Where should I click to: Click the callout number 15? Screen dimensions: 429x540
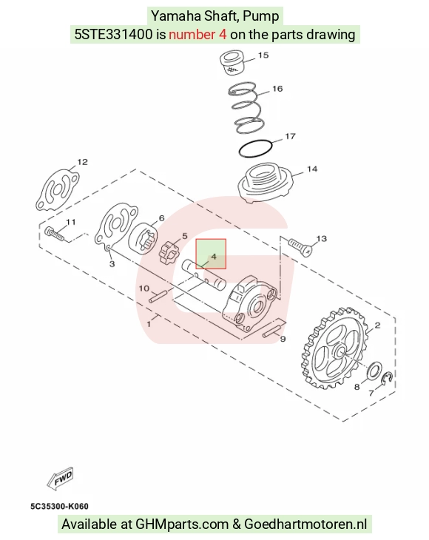tap(263, 55)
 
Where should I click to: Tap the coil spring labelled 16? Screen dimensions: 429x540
tap(246, 107)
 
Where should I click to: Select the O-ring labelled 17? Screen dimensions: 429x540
tap(256, 149)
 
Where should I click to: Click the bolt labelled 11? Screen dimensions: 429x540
tap(55, 234)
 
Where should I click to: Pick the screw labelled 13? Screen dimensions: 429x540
tap(300, 246)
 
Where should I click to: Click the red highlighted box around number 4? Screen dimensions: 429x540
tap(211, 254)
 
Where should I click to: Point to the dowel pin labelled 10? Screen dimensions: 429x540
tap(158, 297)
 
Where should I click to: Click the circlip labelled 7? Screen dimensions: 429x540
tap(389, 382)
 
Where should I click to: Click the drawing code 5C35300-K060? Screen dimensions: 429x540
tap(60, 506)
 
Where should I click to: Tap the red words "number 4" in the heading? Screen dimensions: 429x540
tap(197, 35)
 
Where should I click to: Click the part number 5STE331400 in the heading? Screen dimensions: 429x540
tap(114, 35)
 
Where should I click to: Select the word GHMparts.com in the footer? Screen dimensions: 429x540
tap(182, 524)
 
